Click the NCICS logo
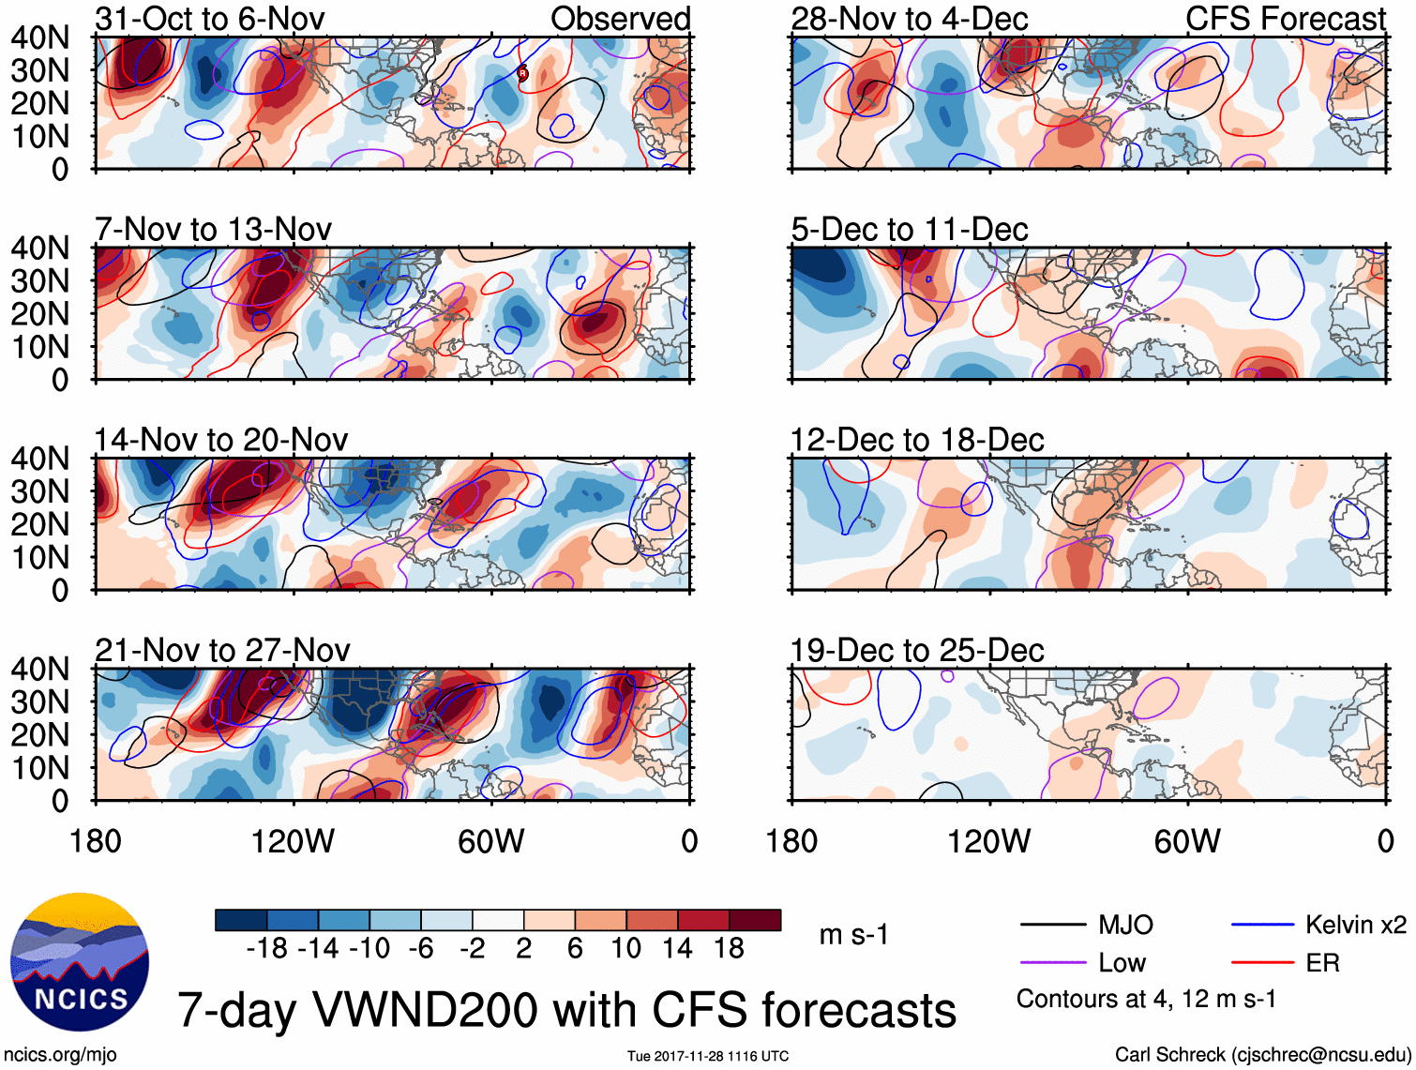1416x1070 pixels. pos(79,961)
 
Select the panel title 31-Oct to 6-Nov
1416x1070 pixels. pos(210,19)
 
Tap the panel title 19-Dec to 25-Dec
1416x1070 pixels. pos(916,650)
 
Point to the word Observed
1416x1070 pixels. pos(620,19)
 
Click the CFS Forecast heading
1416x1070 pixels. pos(1285,19)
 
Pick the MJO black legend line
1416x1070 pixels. pos(1052,926)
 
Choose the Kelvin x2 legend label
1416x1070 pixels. pos(1355,926)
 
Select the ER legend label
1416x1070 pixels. pos(1322,963)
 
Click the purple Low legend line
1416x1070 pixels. pos(1052,963)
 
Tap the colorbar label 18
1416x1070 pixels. pos(729,949)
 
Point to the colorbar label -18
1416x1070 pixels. pos(267,949)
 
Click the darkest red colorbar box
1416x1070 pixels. pos(755,920)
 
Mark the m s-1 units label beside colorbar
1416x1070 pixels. pos(853,935)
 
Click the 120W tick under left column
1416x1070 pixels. pos(293,841)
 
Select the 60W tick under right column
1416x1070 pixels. pos(1187,841)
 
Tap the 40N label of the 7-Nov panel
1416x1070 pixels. pos(39,249)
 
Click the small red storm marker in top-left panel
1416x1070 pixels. pos(523,73)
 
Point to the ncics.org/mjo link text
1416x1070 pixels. pos(61,1054)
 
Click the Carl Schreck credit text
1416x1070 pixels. pos(1262,1054)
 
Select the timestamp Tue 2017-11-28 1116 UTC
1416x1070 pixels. pos(708,1056)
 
